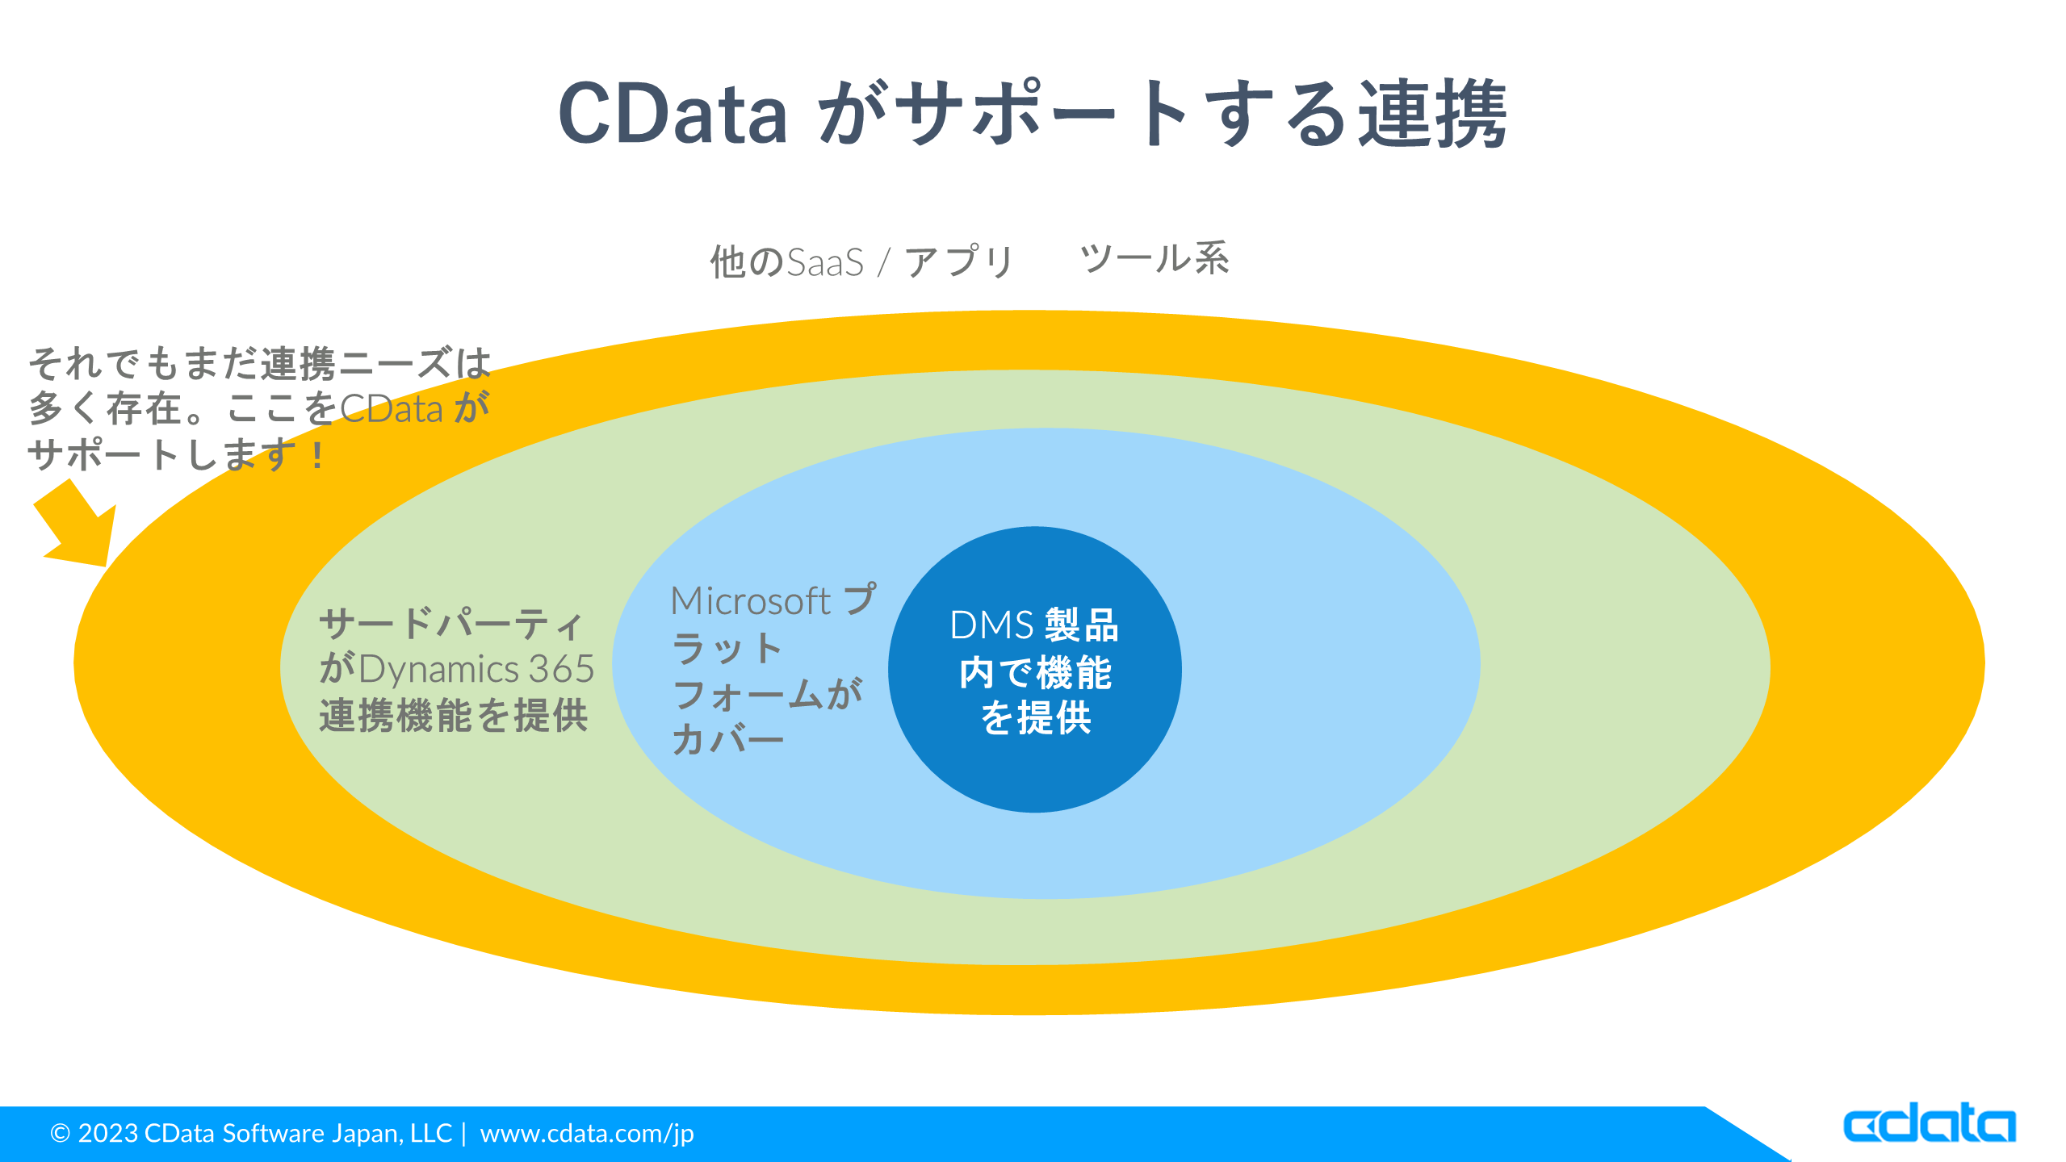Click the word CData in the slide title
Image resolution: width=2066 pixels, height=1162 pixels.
tap(673, 115)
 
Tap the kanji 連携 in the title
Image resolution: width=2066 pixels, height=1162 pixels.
tap(1431, 115)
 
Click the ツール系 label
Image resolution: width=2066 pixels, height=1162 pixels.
tap(1155, 259)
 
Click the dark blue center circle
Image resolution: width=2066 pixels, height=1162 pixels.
tap(1034, 775)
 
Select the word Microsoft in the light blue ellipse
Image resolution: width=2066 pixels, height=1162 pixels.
tap(750, 601)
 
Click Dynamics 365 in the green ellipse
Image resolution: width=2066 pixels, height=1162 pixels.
tap(476, 669)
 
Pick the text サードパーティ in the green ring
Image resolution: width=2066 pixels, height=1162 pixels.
tap(451, 624)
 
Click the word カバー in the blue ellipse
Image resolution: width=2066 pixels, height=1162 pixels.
tap(727, 739)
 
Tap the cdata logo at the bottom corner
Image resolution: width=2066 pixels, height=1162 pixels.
tap(1929, 1123)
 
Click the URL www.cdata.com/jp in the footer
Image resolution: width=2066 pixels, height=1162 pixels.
tap(587, 1134)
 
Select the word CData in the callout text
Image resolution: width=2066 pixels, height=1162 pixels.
tap(392, 409)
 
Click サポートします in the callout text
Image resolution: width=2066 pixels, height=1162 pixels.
tap(162, 455)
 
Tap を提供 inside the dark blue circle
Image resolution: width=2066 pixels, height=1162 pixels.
tap(1036, 717)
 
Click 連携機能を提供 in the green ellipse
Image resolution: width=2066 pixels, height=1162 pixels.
tap(454, 716)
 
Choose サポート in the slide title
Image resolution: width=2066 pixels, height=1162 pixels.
tap(1041, 115)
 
